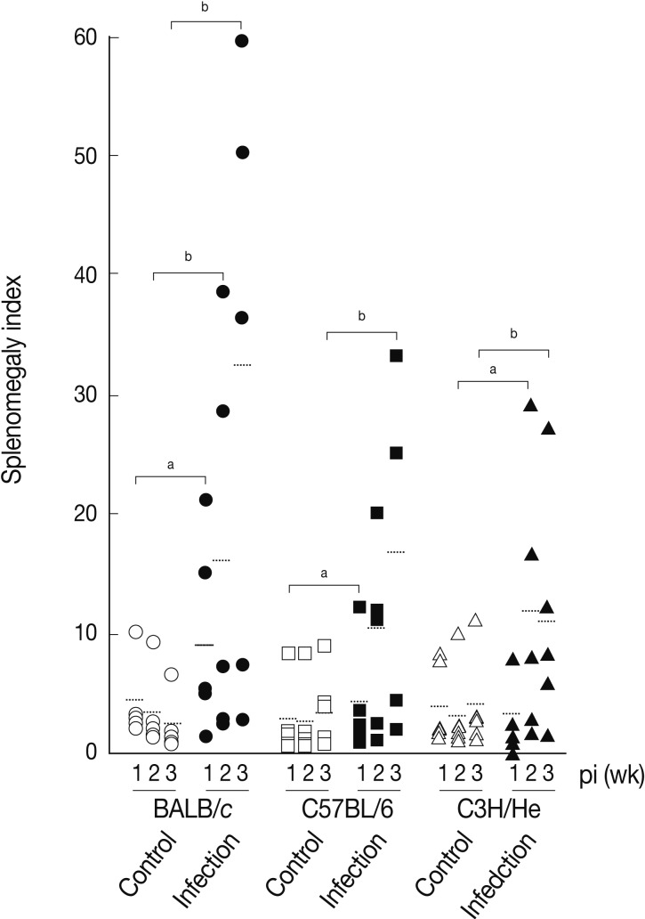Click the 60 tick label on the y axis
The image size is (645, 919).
pos(88,38)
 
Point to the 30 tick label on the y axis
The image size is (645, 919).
pos(88,394)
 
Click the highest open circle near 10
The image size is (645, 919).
pos(136,632)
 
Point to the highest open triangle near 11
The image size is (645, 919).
pos(475,620)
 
